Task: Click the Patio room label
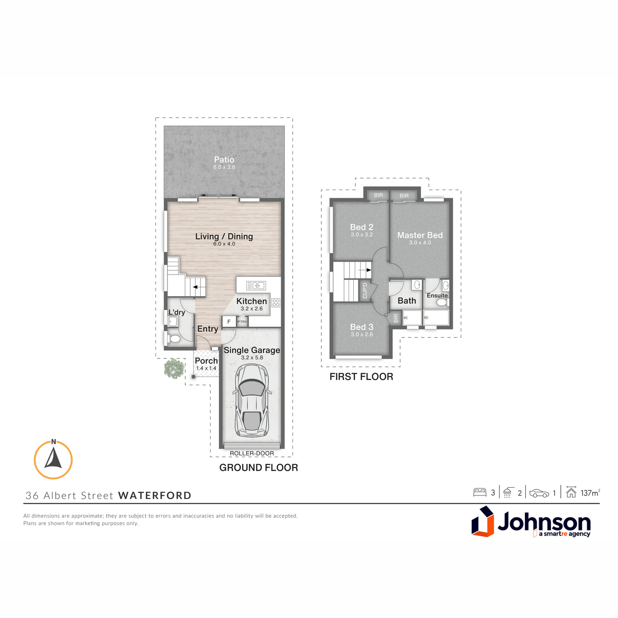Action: (224, 159)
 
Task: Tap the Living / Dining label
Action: (224, 236)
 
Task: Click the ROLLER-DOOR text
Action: (252, 453)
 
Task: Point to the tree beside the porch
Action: (174, 369)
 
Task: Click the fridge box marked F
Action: (229, 322)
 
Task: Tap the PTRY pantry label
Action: (242, 322)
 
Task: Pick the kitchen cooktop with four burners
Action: (276, 302)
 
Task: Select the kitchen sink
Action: (255, 285)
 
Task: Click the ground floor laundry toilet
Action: (174, 338)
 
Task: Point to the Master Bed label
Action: (420, 235)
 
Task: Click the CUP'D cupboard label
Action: (365, 290)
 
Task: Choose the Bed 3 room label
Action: (362, 327)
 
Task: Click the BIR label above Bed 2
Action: (379, 195)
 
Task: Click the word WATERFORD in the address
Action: (154, 495)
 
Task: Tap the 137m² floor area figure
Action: (590, 493)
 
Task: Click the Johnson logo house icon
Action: (483, 522)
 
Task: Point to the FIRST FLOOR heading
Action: (361, 376)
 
